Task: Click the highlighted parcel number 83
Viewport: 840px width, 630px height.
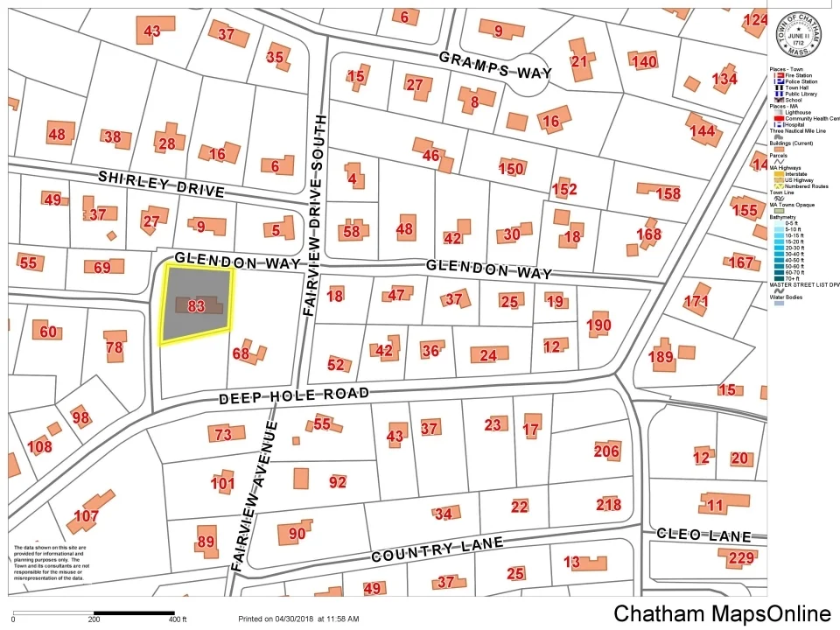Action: coord(196,306)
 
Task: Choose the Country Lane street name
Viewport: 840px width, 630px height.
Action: coord(437,550)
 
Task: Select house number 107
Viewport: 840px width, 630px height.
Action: coord(86,516)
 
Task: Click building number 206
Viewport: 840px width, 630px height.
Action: coord(606,451)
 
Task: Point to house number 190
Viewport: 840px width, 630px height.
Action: coord(598,325)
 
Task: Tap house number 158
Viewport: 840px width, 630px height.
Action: coord(668,193)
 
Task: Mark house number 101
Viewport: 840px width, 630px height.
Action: coord(223,483)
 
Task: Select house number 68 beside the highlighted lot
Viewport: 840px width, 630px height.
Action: coord(241,353)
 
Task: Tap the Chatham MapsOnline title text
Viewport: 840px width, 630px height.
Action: coord(722,613)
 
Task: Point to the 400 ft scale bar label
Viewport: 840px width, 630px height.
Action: coord(178,619)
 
